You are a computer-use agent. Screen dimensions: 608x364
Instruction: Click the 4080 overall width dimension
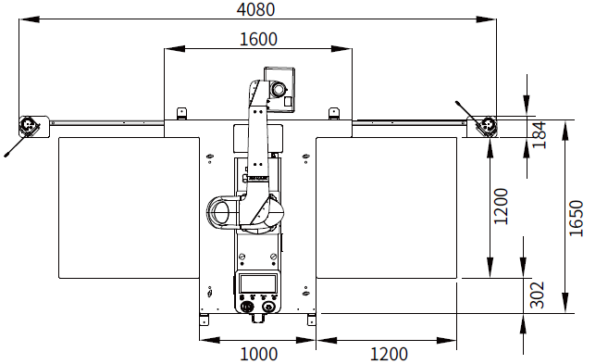pos(255,9)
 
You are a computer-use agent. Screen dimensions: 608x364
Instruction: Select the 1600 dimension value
pos(258,39)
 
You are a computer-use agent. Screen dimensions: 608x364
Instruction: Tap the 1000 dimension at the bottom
pos(258,354)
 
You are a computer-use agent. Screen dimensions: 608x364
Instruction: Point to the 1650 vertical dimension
pos(577,218)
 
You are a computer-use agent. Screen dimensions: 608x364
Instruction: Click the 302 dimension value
pos(537,295)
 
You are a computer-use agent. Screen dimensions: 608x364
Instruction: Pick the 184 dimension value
pos(539,135)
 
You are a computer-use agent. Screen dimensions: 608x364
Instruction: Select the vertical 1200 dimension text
pos(501,206)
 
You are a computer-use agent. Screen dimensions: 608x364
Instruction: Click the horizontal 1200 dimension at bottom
pos(389,354)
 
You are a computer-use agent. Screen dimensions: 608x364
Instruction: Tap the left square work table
pos(129,207)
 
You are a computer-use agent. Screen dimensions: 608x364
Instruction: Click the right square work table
pos(386,207)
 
